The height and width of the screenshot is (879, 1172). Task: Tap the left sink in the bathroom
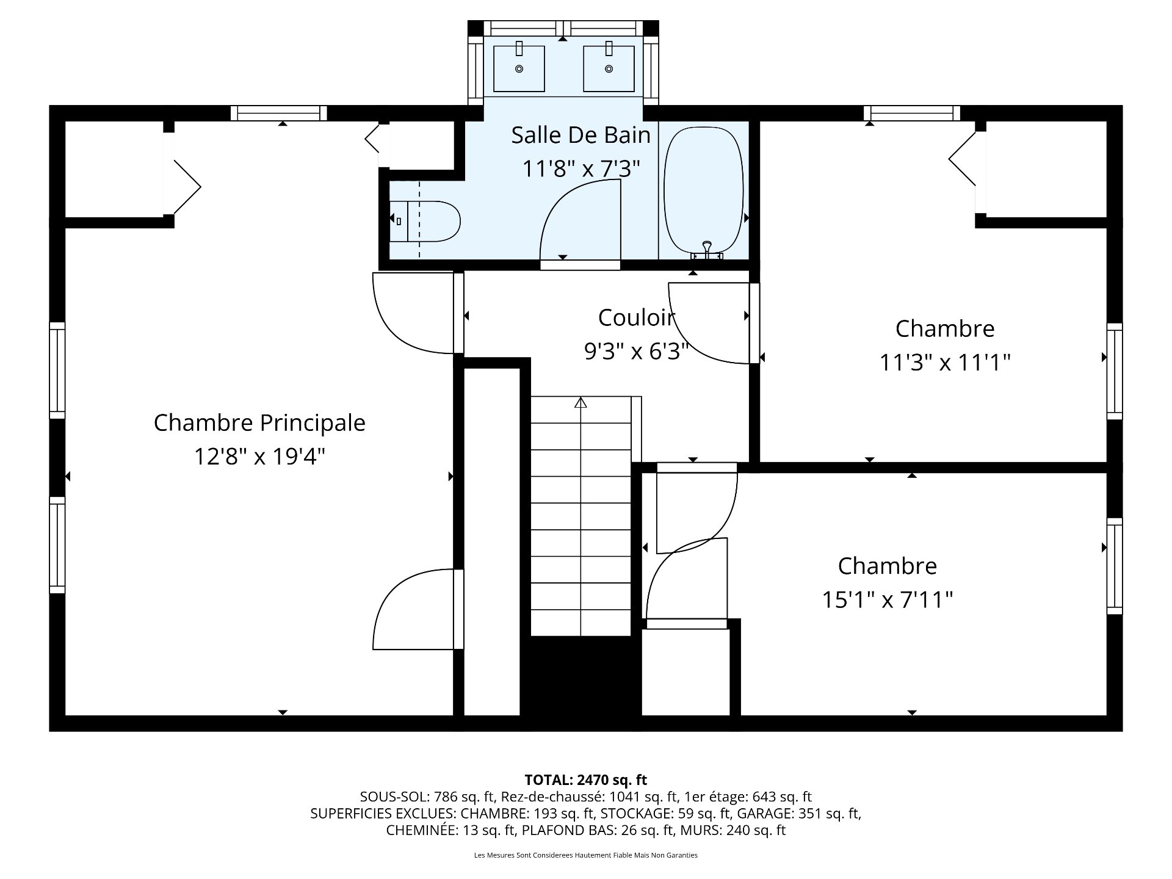point(519,68)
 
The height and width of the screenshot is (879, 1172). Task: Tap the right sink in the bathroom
point(609,68)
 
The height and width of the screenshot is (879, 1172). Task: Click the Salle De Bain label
point(581,135)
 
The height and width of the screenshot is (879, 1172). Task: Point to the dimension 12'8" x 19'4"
point(259,456)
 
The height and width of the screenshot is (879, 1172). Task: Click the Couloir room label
point(636,317)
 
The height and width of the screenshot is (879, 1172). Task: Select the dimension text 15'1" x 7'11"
point(887,599)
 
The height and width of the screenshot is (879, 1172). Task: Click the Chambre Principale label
point(259,422)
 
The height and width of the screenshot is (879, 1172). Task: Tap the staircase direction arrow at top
point(581,403)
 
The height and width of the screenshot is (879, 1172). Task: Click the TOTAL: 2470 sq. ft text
point(585,780)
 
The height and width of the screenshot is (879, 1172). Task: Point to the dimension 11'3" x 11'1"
point(944,363)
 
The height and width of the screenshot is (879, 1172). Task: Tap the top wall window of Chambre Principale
point(279,113)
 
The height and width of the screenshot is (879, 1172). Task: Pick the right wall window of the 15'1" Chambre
point(1115,565)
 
